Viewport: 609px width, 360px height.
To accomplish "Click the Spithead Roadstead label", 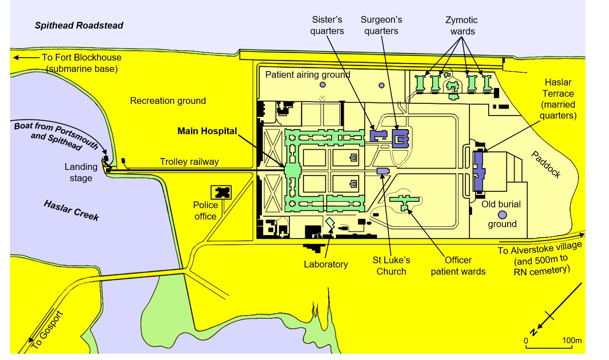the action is click(79, 26).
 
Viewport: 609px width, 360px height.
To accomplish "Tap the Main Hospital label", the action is click(207, 131).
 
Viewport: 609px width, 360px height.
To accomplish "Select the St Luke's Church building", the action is click(383, 171).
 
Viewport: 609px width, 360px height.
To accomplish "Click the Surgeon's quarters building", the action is click(400, 139).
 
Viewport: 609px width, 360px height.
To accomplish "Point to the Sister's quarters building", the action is click(379, 135).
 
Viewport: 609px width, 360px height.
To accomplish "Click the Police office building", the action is click(221, 193).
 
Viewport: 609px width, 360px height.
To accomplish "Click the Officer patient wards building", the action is click(404, 202).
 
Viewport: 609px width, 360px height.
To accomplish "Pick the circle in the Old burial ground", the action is click(503, 215).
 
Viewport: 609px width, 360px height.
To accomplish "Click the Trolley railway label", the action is click(189, 162).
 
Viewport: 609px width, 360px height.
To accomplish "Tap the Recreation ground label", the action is click(168, 101).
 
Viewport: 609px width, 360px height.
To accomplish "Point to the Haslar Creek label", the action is click(71, 211).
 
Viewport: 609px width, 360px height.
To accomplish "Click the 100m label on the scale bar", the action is click(572, 340).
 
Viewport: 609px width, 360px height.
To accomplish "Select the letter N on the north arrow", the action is click(534, 332).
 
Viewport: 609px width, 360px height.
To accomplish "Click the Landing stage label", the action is click(81, 172).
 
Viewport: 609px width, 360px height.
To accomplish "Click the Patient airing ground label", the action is click(308, 75).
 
